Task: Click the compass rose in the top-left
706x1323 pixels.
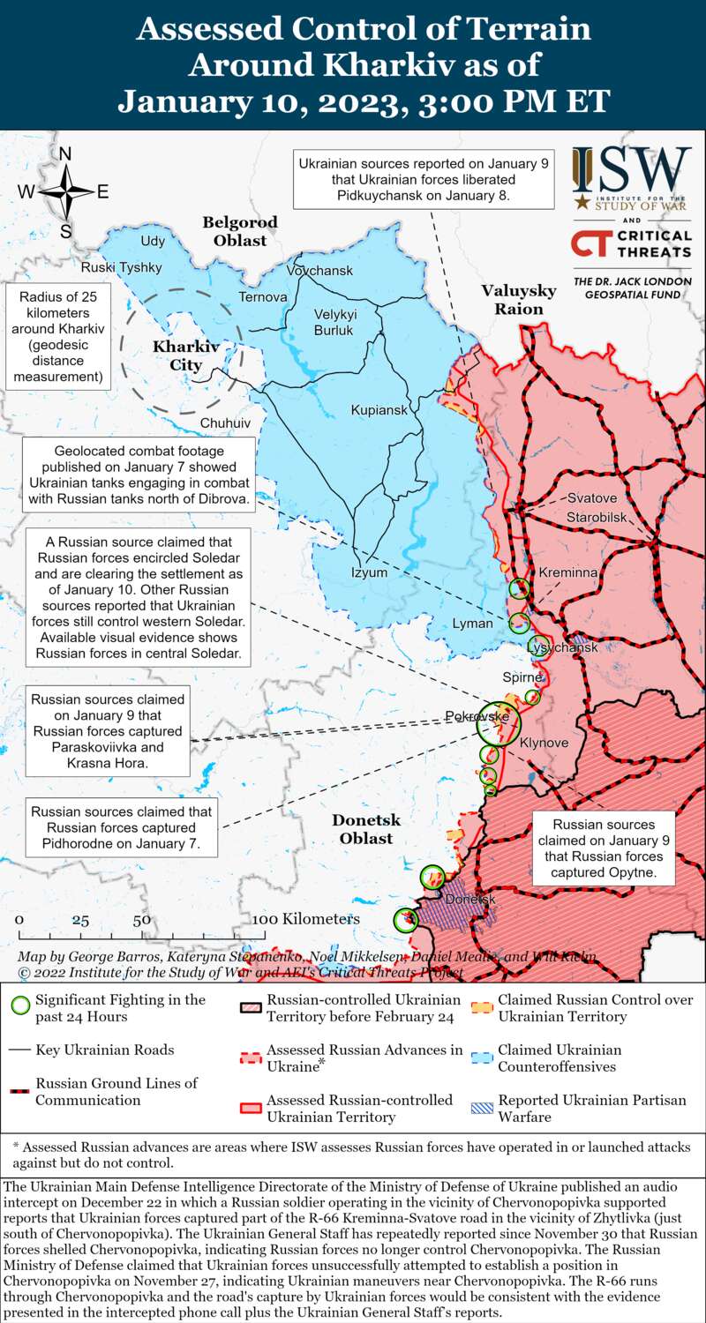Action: pyautogui.click(x=65, y=192)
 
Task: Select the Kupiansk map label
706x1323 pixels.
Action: pyautogui.click(x=379, y=410)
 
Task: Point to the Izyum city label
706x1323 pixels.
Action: pyautogui.click(x=370, y=572)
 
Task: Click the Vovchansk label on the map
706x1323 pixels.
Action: pyautogui.click(x=319, y=270)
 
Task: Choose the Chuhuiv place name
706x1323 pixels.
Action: pyautogui.click(x=225, y=423)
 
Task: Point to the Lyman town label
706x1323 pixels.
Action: pyautogui.click(x=473, y=624)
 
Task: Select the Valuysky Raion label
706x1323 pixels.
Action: pyautogui.click(x=518, y=300)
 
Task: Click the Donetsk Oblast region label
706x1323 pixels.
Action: pyautogui.click(x=366, y=829)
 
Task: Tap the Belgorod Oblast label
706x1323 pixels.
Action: pyautogui.click(x=240, y=231)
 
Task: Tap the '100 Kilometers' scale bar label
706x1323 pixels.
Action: pyautogui.click(x=306, y=918)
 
